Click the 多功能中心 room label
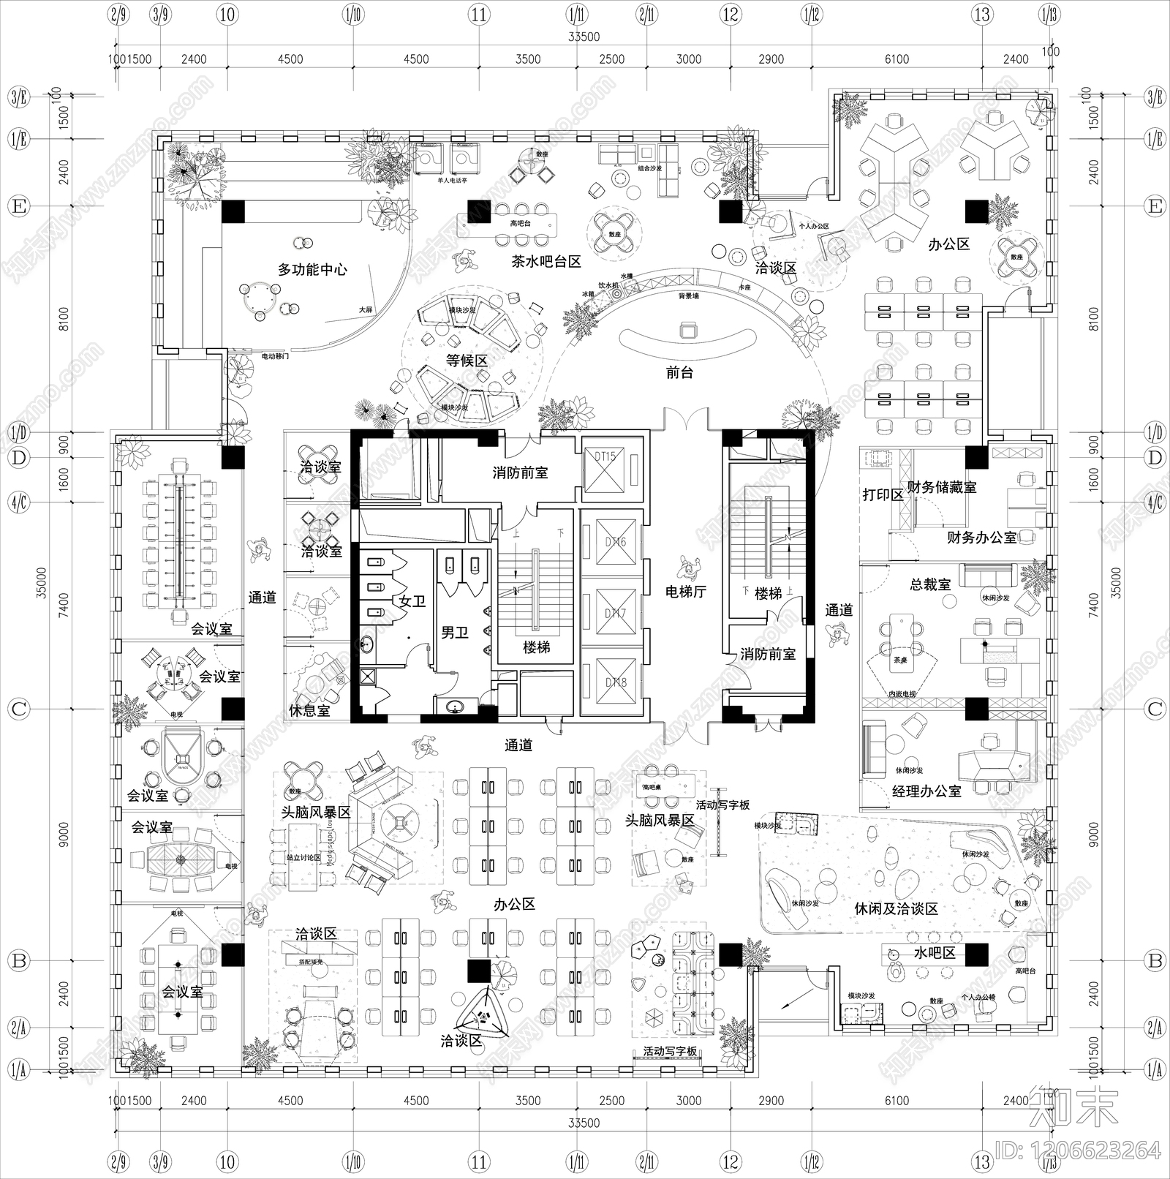point(312,270)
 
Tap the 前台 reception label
point(679,372)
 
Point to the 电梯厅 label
point(686,591)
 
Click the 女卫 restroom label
point(412,601)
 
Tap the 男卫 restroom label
point(454,632)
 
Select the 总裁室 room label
point(930,585)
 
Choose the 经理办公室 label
point(926,791)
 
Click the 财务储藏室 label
point(941,487)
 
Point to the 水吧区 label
point(935,954)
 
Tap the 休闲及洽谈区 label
point(896,909)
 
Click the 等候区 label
point(467,361)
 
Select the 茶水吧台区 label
point(546,261)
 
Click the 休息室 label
point(309,710)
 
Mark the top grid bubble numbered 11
point(478,15)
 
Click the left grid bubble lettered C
point(18,709)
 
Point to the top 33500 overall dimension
point(583,37)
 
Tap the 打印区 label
point(883,495)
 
